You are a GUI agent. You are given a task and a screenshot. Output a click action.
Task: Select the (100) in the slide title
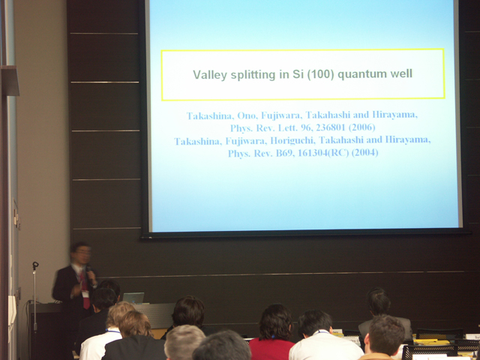point(320,74)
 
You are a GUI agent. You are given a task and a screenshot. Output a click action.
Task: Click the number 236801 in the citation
point(331,127)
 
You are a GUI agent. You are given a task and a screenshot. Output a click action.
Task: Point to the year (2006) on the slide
point(362,127)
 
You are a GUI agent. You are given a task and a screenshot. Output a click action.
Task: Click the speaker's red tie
point(85,290)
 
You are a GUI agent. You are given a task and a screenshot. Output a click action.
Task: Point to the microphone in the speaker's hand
point(89,272)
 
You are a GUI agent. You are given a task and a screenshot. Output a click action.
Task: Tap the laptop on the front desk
point(133,298)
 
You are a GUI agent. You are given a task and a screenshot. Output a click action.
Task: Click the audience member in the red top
point(273,332)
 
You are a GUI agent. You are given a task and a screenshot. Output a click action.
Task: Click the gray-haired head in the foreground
point(184,342)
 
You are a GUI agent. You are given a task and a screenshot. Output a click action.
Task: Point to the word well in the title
point(401,73)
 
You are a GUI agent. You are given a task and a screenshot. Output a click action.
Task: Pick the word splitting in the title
point(253,75)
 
